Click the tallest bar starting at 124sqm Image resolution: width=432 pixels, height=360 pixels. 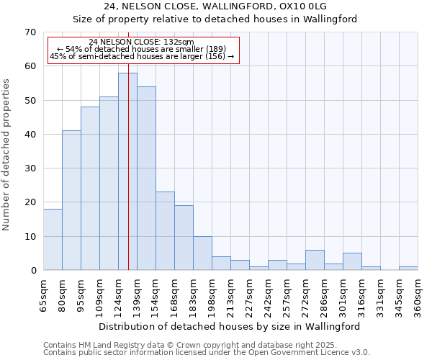point(127,171)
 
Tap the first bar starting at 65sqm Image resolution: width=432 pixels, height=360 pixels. point(53,240)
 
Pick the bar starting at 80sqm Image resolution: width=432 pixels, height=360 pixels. point(71,200)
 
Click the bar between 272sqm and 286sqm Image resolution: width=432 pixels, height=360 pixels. point(315,260)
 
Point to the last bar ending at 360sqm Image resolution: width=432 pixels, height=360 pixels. point(408,269)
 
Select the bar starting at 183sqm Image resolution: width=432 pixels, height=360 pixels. point(202,253)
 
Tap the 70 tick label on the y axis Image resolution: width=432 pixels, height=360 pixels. point(30,32)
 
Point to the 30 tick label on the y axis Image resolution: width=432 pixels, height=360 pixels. point(30,168)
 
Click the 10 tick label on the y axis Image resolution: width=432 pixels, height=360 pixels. point(30,236)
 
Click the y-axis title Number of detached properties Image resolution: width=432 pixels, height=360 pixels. point(7,155)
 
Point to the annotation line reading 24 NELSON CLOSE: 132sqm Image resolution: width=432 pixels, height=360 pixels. point(142,42)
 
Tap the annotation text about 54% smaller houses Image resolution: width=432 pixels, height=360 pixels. point(142,49)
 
